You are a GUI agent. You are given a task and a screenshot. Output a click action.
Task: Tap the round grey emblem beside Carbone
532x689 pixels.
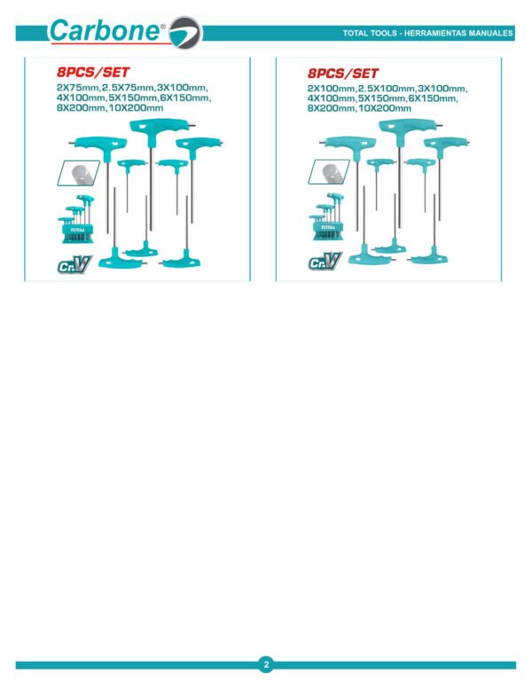click(185, 33)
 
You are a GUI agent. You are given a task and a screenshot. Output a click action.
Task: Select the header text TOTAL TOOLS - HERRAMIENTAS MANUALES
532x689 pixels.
click(427, 33)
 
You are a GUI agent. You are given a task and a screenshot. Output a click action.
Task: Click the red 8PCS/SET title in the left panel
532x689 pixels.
click(93, 72)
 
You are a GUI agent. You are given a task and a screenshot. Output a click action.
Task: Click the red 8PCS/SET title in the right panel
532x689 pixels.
click(343, 73)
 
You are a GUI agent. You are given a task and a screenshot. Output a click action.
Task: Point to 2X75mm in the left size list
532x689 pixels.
click(78, 88)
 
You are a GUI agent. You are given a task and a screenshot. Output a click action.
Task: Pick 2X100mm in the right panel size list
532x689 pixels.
click(331, 89)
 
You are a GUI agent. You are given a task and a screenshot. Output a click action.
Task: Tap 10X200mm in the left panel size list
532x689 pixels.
click(136, 108)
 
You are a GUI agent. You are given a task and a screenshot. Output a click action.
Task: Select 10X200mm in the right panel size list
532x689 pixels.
click(385, 108)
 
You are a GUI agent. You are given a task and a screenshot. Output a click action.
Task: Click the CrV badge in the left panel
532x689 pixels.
click(74, 264)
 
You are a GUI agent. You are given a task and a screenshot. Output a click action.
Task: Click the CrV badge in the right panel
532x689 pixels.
click(325, 261)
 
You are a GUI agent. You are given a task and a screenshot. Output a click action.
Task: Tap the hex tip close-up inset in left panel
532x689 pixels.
click(79, 173)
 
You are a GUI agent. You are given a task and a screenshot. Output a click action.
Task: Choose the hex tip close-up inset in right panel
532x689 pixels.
click(329, 171)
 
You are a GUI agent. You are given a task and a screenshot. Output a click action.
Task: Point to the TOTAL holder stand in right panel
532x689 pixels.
click(327, 217)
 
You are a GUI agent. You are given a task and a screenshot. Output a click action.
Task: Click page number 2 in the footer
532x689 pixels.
click(266, 665)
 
